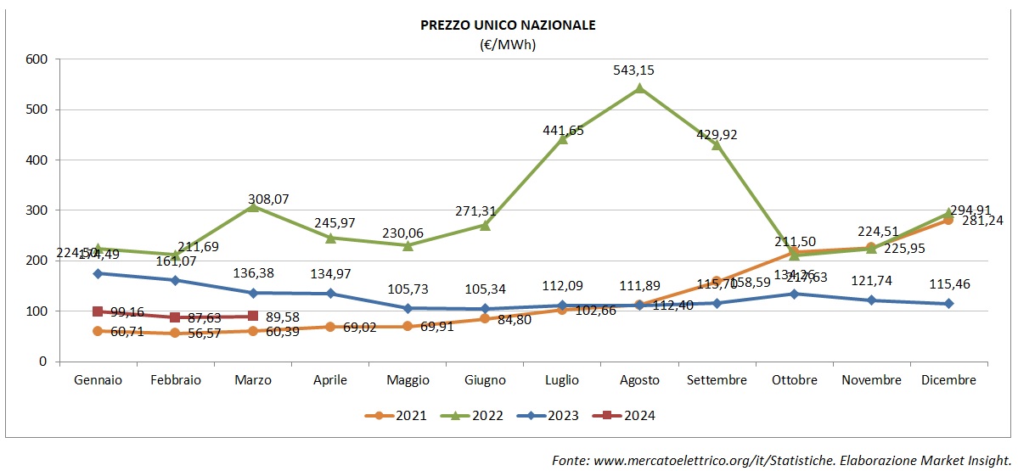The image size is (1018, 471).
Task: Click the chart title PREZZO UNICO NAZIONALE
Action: point(508,25)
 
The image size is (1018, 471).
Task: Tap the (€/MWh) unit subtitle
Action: point(508,43)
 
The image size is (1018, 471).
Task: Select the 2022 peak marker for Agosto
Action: point(639,87)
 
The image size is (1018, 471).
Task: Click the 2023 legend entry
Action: point(551,416)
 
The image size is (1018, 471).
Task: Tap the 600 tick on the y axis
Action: point(36,59)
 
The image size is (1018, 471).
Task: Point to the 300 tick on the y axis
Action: point(36,210)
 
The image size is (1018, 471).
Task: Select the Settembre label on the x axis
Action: point(717,380)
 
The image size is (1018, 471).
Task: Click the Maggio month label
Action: point(408,380)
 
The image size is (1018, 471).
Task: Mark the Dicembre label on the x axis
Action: point(948,380)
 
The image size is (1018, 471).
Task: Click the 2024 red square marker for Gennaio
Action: point(98,311)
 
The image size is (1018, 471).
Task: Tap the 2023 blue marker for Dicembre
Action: point(948,303)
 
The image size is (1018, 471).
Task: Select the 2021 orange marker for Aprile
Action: point(330,327)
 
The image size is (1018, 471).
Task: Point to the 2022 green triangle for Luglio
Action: point(562,139)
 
